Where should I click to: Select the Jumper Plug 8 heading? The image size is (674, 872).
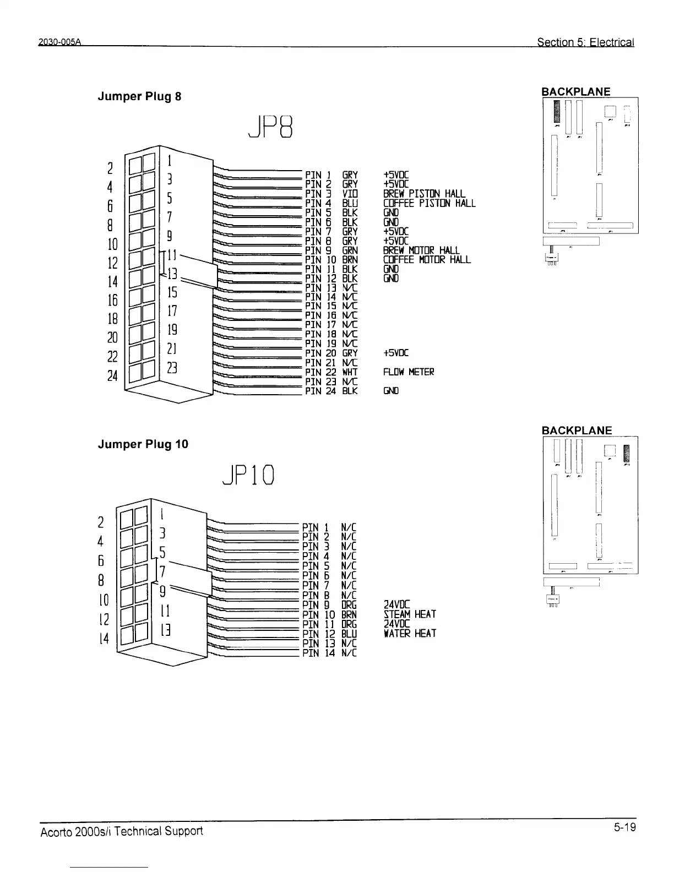(139, 96)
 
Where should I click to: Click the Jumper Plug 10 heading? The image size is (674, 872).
(143, 444)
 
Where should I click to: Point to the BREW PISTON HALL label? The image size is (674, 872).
(424, 194)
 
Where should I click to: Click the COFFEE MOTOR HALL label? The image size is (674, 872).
(427, 260)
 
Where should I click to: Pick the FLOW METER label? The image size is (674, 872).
(409, 372)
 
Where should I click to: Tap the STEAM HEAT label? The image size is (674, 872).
(410, 614)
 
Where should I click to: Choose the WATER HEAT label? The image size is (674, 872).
(410, 634)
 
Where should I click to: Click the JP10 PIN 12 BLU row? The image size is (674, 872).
(329, 634)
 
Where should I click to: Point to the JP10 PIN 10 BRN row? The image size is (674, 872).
(329, 614)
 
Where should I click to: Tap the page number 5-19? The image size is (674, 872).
(625, 827)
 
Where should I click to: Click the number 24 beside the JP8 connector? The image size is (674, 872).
(112, 376)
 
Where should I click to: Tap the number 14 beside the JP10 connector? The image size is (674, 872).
(104, 639)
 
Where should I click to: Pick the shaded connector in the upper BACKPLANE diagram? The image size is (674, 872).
(557, 112)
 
